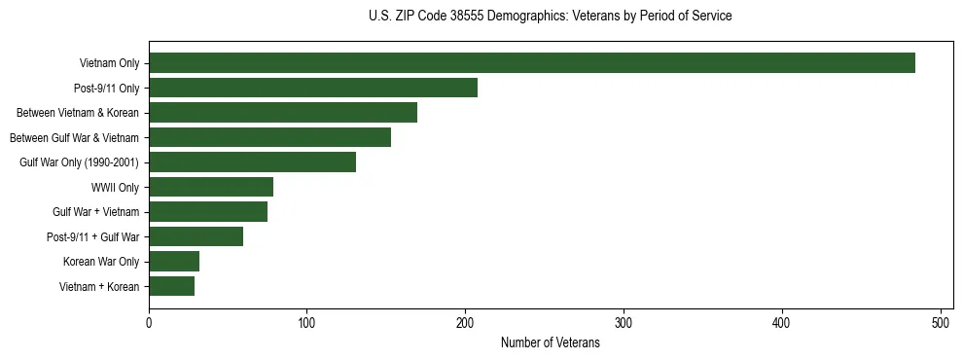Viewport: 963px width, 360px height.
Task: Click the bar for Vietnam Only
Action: [x=532, y=63]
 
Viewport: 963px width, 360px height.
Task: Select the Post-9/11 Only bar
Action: [x=313, y=88]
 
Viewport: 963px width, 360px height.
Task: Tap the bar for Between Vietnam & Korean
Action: [x=283, y=113]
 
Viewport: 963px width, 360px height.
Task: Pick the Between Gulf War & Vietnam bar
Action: [x=269, y=137]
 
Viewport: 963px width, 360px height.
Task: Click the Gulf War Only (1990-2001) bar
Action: [x=252, y=162]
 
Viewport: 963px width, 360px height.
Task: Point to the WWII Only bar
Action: [x=211, y=187]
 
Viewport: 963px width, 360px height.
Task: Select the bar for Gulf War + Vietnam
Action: [x=208, y=212]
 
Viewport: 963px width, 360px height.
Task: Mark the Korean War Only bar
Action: [x=174, y=262]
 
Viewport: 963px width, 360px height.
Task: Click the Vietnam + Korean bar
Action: [x=171, y=286]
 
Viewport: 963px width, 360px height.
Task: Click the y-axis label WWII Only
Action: [x=115, y=187]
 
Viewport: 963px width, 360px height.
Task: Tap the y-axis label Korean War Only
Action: [x=101, y=262]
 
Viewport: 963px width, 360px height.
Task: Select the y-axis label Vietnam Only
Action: [x=109, y=63]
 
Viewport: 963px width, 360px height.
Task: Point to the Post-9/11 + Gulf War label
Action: [x=92, y=236]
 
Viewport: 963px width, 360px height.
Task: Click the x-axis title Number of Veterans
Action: [x=550, y=342]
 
